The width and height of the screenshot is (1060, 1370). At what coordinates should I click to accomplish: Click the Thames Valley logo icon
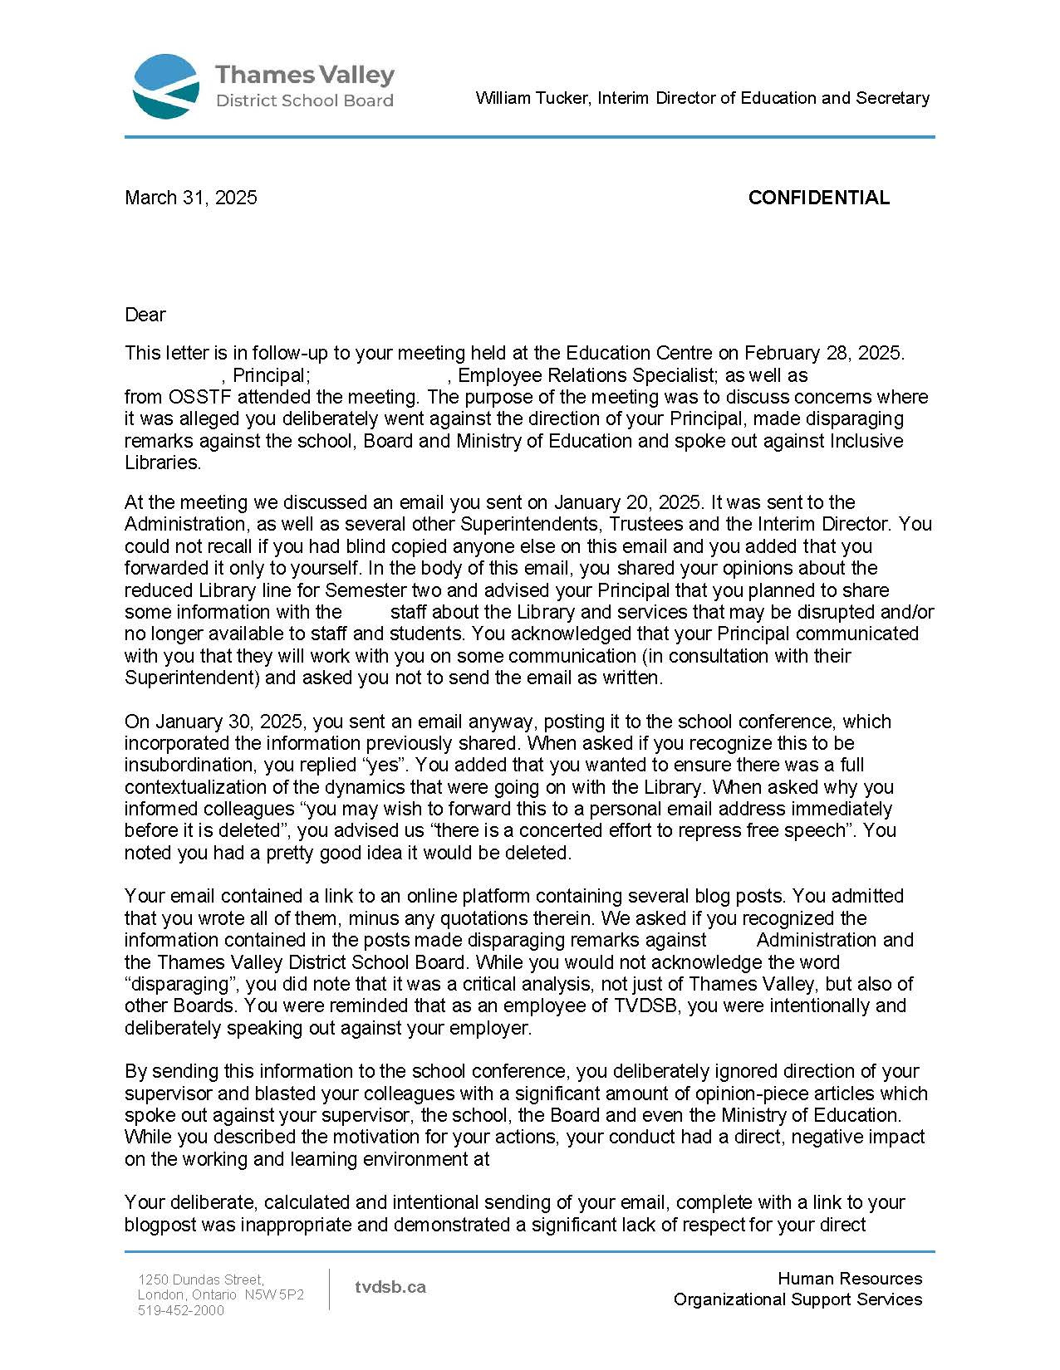coord(166,86)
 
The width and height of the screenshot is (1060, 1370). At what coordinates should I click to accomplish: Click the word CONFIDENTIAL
coord(818,198)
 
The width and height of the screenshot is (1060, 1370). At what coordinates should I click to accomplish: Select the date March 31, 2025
coord(191,198)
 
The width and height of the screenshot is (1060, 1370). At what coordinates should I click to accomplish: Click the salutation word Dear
coord(145,315)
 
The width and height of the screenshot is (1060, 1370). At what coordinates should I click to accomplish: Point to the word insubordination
coord(177,765)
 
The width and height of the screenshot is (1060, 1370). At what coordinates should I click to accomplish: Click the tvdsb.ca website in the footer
coord(390,1287)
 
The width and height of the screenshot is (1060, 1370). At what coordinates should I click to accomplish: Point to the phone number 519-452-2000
coord(181,1310)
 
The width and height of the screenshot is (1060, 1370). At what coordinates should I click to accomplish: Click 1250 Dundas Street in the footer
coord(201,1279)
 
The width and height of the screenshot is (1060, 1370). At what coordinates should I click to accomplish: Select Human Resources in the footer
coord(850,1279)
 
